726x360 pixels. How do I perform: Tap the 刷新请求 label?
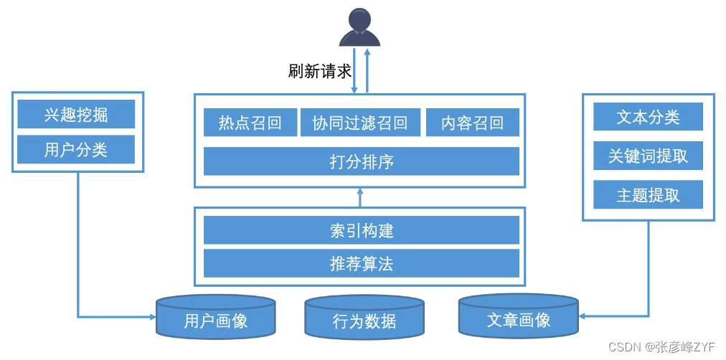point(319,71)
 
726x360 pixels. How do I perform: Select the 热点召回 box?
point(250,123)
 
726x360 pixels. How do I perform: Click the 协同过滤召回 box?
point(359,123)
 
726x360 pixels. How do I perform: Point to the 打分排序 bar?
point(361,161)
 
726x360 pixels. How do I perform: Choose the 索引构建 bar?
point(361,231)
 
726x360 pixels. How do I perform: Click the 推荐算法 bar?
point(361,264)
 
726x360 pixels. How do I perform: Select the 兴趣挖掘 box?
point(76,115)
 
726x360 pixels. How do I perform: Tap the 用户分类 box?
point(76,149)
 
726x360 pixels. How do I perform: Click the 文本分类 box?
point(648,117)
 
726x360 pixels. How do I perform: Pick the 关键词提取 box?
point(648,156)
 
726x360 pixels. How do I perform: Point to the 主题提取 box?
point(648,194)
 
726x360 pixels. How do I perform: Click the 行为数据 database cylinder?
point(364,320)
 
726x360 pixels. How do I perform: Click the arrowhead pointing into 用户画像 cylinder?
point(151,316)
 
